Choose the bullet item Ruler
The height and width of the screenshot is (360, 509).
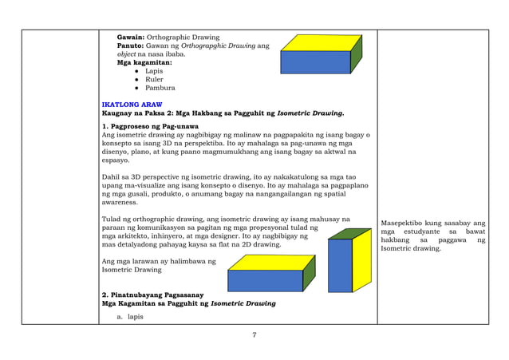[154, 79]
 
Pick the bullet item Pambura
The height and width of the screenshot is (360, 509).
[159, 88]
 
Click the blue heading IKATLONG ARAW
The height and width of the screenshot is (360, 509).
[126, 105]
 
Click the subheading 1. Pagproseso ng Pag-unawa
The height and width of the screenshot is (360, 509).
[151, 127]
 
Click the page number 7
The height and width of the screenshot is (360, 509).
[254, 334]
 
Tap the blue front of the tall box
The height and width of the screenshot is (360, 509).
[339, 265]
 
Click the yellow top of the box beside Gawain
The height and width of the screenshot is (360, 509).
[320, 42]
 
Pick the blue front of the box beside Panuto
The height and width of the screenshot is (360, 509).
[314, 62]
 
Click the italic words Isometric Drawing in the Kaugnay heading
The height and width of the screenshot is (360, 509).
[315, 113]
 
